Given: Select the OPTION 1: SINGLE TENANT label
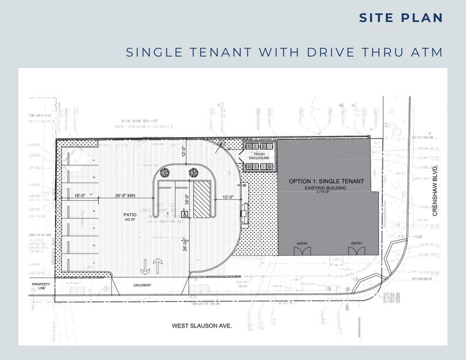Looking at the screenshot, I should point(326,182).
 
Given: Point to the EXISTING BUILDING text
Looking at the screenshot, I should point(326,189).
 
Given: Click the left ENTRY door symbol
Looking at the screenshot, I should point(303,250).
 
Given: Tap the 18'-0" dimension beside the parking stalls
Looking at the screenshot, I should point(80,196).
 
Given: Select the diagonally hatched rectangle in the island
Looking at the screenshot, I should point(200,198).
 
